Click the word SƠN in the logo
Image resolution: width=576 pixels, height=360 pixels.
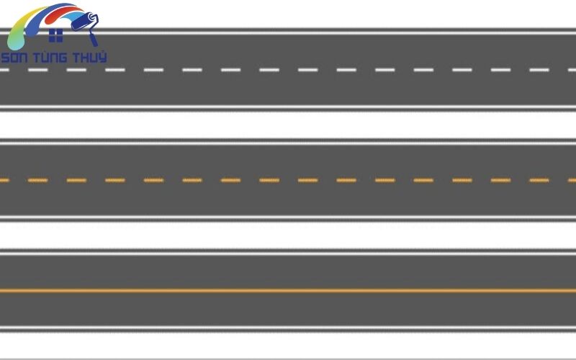14,58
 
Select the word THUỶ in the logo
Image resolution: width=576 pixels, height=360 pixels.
89,57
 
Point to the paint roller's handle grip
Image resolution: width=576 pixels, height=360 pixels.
94,38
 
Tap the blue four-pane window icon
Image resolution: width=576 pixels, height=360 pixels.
56,35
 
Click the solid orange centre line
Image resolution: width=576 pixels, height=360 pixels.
288,291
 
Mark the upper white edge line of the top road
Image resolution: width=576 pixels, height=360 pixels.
288,33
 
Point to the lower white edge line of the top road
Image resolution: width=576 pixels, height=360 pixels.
288,107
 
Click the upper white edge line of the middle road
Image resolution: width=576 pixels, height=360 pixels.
288,143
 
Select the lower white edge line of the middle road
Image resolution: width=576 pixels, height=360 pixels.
288,218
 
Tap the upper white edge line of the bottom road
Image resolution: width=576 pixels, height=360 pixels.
288,253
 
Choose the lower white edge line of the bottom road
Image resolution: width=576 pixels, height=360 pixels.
288,328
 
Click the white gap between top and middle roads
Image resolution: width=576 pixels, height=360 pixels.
288,125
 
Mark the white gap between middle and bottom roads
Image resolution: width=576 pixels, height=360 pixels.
288,235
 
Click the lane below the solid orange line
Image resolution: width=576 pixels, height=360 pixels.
288,310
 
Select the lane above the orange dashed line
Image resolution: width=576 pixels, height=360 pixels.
288,161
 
